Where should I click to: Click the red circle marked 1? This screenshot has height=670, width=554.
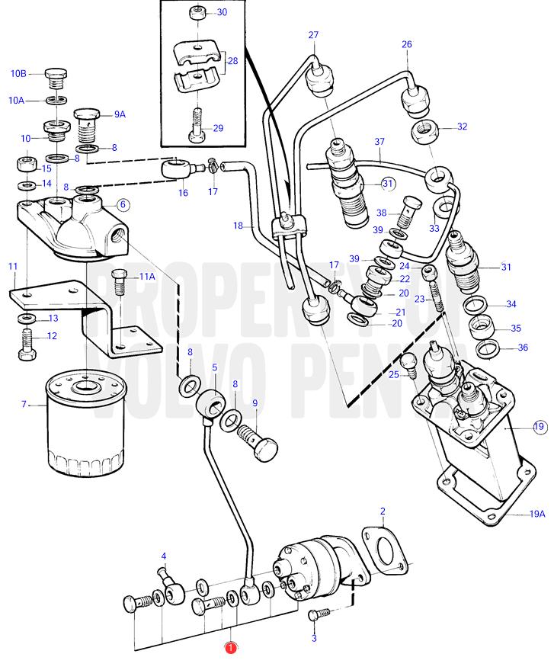click(x=229, y=648)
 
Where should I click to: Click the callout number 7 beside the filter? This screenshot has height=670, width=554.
click(x=24, y=404)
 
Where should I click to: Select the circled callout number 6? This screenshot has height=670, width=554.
click(x=123, y=204)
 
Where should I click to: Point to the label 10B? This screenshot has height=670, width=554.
click(x=18, y=74)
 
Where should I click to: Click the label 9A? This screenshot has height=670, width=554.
click(x=120, y=114)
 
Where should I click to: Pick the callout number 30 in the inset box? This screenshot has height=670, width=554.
click(x=222, y=12)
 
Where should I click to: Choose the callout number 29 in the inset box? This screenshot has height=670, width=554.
click(x=218, y=128)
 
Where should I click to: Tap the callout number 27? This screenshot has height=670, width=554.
click(x=313, y=35)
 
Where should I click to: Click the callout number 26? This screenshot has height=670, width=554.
click(x=407, y=44)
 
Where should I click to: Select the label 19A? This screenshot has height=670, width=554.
click(x=537, y=515)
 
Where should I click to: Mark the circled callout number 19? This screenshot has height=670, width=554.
click(x=540, y=426)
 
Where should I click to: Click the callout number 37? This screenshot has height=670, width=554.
click(x=379, y=142)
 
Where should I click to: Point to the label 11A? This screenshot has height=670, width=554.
click(x=146, y=277)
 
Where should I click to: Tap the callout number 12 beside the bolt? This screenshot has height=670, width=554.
click(x=52, y=336)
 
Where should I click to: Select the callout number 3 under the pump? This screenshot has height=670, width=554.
click(x=314, y=638)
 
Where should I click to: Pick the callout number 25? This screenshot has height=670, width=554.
click(x=394, y=375)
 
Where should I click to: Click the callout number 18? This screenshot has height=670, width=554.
click(x=238, y=226)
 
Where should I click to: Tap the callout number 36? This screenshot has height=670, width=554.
click(x=522, y=348)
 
